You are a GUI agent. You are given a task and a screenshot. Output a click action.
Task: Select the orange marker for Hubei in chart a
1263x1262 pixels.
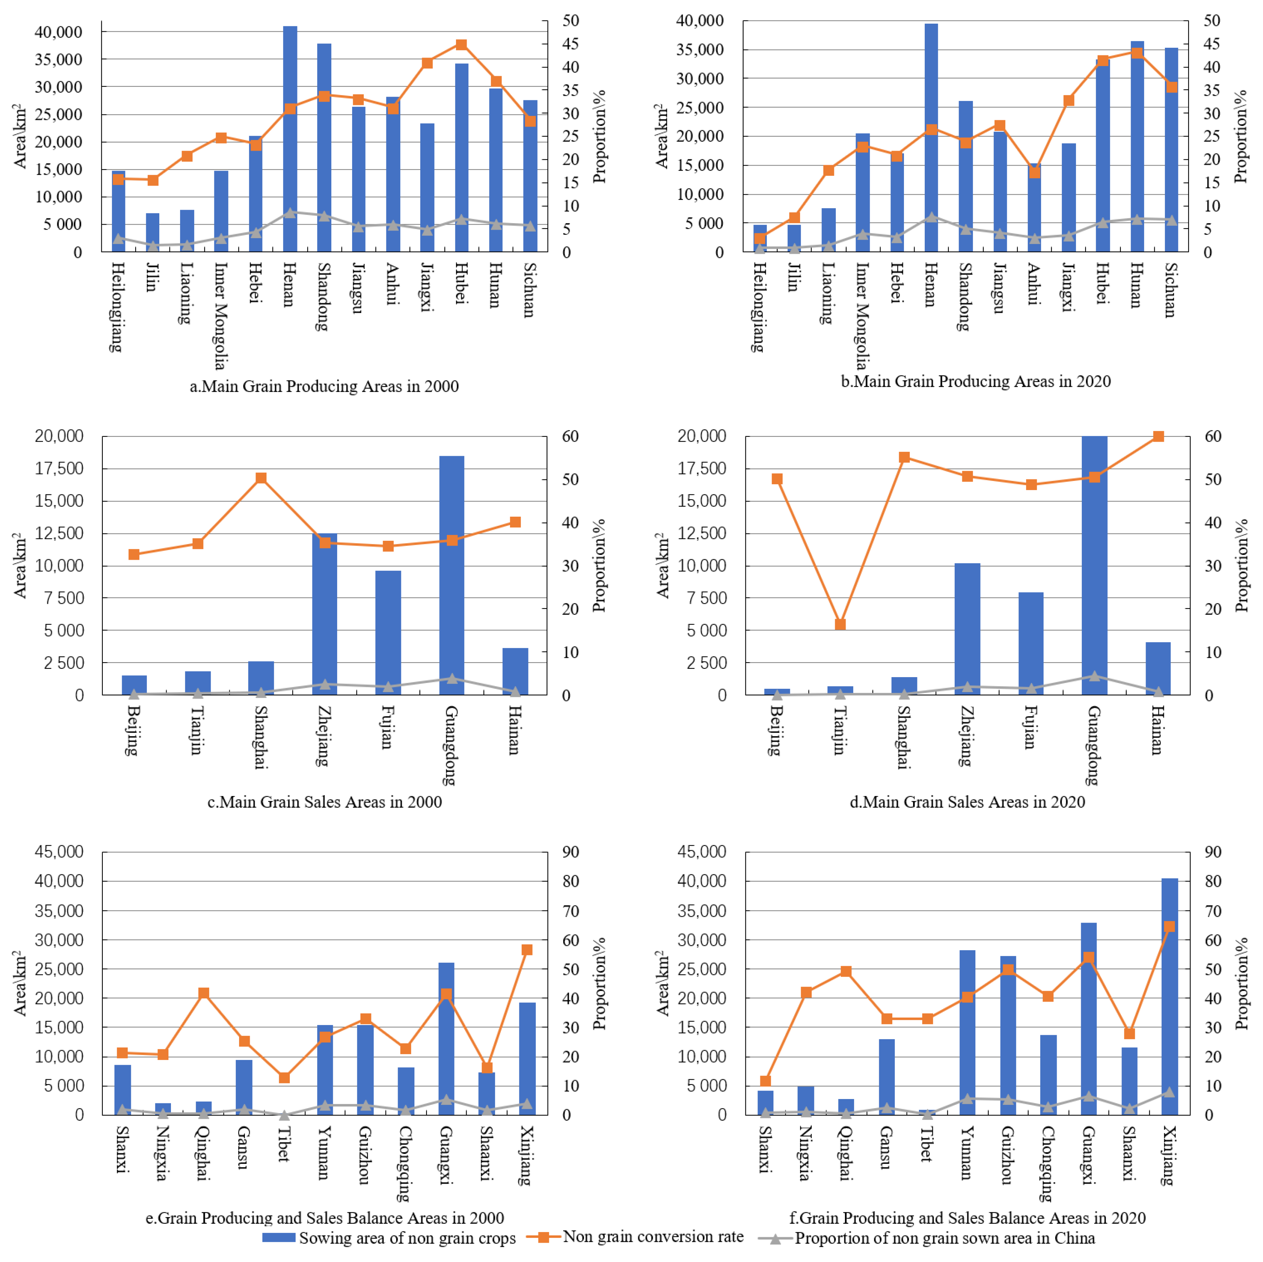tap(461, 44)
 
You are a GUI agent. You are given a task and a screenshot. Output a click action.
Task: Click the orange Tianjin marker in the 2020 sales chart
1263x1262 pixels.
tap(841, 625)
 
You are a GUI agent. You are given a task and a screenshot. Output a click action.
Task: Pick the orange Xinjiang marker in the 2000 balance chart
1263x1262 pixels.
tap(527, 950)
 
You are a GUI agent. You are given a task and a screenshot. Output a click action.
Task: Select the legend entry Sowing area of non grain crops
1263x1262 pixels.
tap(407, 1238)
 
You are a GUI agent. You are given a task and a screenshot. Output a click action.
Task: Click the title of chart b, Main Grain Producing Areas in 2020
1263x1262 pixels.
tap(975, 381)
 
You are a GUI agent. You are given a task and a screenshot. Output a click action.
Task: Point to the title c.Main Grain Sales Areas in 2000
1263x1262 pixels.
tap(324, 802)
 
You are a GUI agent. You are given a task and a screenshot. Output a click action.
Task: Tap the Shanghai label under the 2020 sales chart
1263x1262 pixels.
tap(904, 738)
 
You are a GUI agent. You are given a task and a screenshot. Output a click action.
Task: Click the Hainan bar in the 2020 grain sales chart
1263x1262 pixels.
tap(1158, 668)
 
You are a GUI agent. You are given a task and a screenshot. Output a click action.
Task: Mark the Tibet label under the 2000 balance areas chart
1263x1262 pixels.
tap(284, 1144)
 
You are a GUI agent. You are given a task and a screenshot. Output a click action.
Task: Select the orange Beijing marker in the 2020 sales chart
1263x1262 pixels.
tap(777, 479)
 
